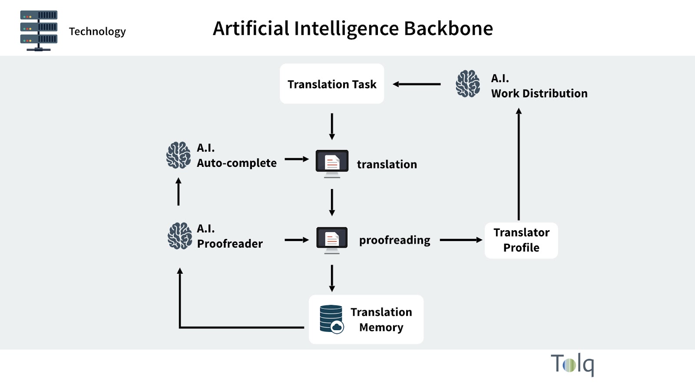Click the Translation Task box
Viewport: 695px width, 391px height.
[332, 84]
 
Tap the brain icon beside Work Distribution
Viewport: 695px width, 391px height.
[468, 84]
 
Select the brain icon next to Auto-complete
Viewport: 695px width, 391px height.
[179, 155]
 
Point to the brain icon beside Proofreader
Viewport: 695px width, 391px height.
[180, 236]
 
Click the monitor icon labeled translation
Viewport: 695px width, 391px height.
[332, 163]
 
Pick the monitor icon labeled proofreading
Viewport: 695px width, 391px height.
[332, 239]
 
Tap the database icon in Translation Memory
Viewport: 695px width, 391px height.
[331, 319]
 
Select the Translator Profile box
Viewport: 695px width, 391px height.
[521, 240]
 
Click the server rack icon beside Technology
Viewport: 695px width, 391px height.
[39, 31]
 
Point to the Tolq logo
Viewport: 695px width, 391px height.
[572, 364]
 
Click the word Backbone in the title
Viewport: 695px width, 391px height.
[448, 29]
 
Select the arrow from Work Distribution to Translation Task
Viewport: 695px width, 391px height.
[417, 84]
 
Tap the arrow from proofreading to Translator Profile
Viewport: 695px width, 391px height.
[461, 240]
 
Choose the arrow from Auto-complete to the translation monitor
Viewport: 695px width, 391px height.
[297, 159]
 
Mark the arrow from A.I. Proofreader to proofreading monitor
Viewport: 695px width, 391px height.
[297, 240]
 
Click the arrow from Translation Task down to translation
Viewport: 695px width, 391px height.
[332, 126]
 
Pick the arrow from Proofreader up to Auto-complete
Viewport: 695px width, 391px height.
[179, 192]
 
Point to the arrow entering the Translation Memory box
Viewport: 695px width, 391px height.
[332, 278]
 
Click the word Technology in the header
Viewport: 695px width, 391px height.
[97, 32]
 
